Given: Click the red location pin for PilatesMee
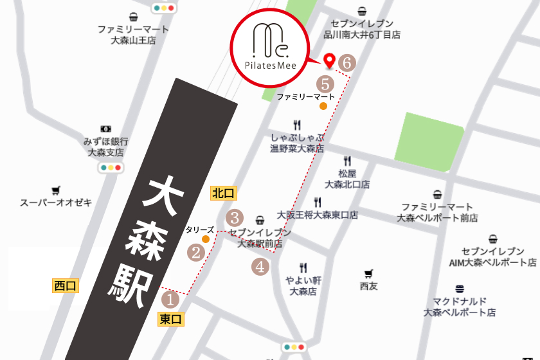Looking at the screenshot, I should [330, 61].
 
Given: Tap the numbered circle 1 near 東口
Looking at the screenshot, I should [170, 299].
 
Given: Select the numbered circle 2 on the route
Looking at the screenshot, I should [195, 253].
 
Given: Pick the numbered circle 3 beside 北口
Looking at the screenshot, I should [235, 217].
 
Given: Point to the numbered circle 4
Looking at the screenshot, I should [260, 266].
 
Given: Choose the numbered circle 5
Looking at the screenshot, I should [325, 84].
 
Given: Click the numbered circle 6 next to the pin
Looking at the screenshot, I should [347, 63].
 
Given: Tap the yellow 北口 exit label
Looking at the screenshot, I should [224, 192].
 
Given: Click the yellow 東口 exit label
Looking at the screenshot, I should [171, 318].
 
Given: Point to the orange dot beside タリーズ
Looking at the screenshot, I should [206, 239].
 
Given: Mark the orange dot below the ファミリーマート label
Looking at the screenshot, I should [323, 106].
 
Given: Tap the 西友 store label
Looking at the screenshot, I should [369, 285].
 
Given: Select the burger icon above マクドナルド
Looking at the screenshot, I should [459, 289].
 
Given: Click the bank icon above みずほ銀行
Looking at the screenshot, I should [106, 129].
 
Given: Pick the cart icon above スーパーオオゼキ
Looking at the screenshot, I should [56, 190].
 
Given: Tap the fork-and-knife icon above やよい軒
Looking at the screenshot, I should [303, 267].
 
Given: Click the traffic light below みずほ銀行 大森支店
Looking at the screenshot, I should [111, 168].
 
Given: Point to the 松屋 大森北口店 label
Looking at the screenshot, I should [347, 179].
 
